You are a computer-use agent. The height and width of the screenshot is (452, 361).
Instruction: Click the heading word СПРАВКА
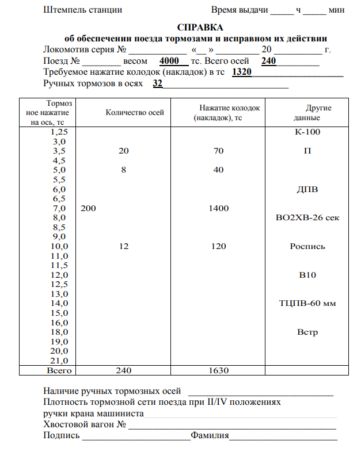tap(199, 27)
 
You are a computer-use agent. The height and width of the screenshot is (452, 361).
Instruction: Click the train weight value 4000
tap(171, 61)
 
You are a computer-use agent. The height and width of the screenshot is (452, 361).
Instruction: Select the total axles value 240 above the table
tap(269, 61)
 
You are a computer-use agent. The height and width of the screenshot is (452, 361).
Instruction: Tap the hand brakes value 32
tap(157, 84)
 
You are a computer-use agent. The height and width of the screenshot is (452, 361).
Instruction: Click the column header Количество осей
tap(135, 113)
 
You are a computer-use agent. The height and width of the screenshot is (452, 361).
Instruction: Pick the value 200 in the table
tap(89, 208)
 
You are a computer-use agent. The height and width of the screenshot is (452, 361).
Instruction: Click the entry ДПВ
tap(306, 189)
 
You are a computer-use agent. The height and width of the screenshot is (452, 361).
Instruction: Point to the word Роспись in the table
tap(307, 247)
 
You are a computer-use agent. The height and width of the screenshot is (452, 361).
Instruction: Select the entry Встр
tap(307, 332)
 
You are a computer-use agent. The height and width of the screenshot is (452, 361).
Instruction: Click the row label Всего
tap(59, 371)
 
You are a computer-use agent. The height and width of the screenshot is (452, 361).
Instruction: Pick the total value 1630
tap(218, 371)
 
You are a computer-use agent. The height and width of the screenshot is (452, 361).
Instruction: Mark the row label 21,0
tap(59, 361)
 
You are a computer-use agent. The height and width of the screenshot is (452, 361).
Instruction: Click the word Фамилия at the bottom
tap(210, 435)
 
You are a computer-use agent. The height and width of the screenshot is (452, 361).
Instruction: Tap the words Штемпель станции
tap(82, 10)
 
